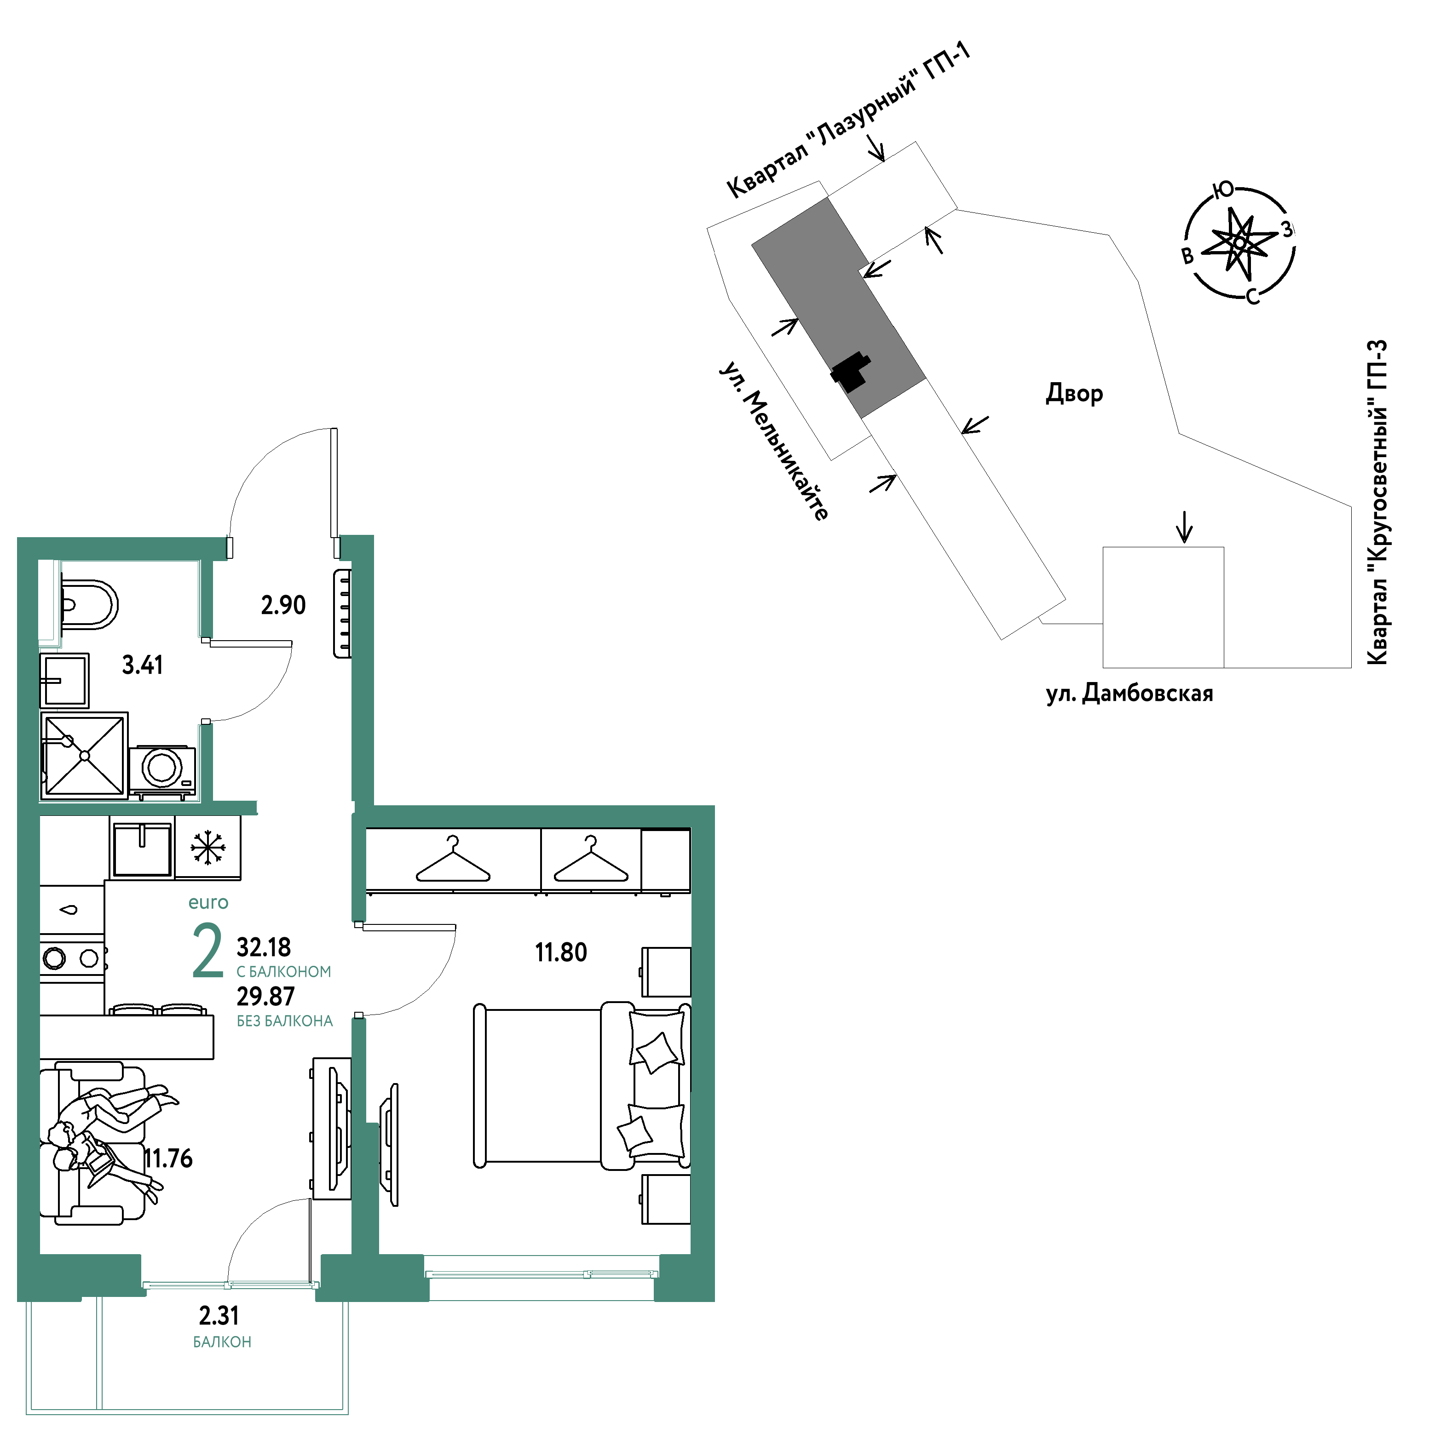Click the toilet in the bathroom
(88, 604)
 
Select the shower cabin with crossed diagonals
(85, 756)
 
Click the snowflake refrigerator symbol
(208, 847)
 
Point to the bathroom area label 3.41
(143, 665)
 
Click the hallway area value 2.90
(283, 605)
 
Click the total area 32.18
(264, 947)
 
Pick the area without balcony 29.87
(265, 996)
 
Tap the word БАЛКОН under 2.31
(222, 1342)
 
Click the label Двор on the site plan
(1074, 394)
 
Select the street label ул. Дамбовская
(1129, 693)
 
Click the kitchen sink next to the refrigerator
(142, 848)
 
